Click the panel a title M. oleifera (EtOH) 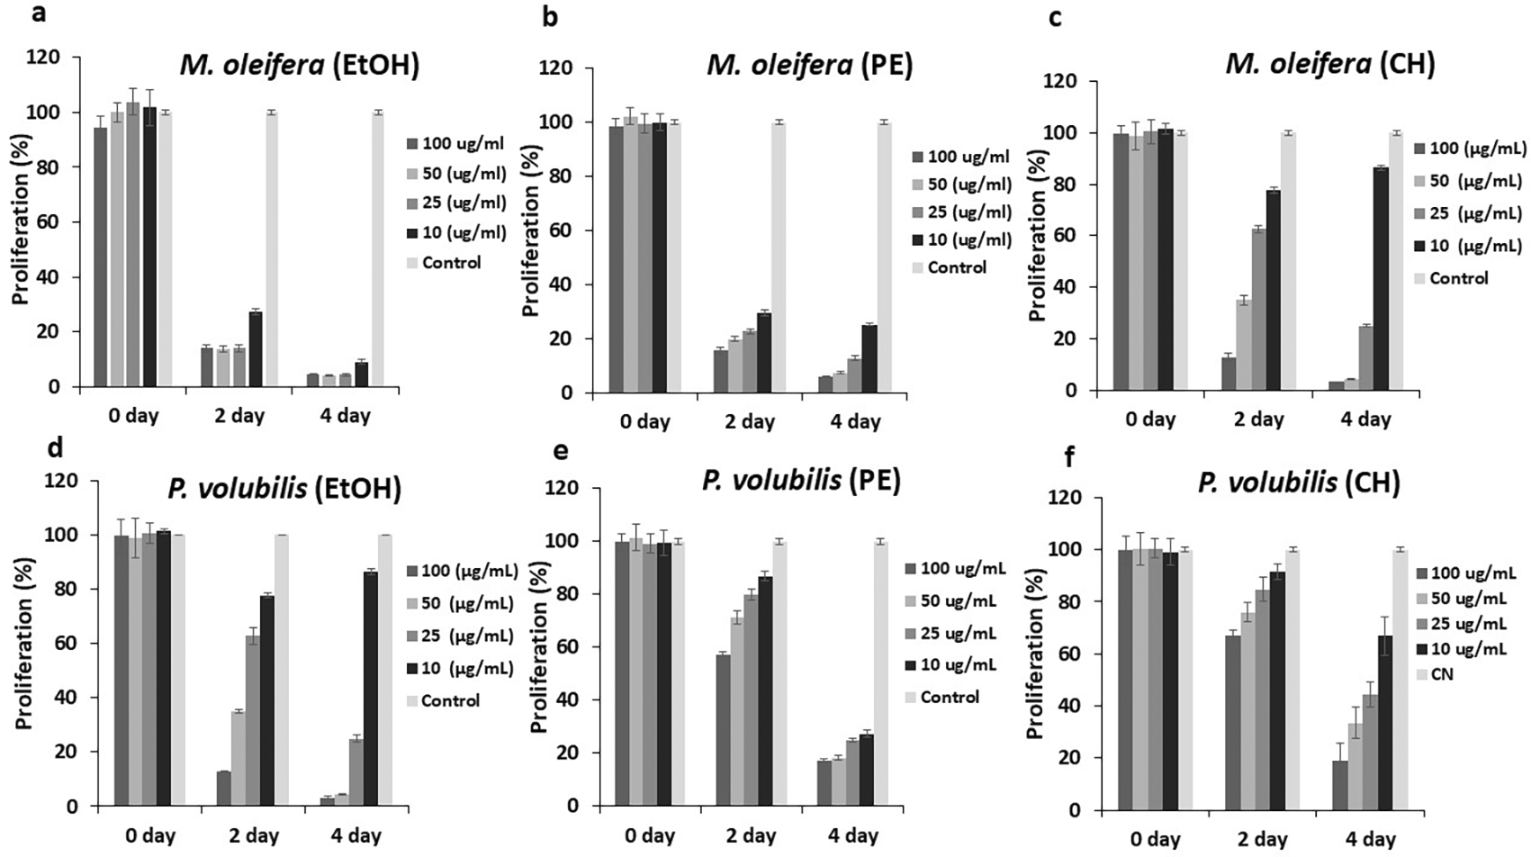(300, 66)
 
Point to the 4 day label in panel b (855, 421)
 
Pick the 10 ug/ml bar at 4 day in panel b (869, 358)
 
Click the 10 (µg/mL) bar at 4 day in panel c (1380, 278)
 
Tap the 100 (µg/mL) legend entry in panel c (1469, 149)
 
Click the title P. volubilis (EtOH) (284, 488)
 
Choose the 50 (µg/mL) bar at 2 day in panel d (238, 758)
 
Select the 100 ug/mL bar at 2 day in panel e (722, 729)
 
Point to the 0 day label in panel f (1155, 839)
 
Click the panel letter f (1069, 457)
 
